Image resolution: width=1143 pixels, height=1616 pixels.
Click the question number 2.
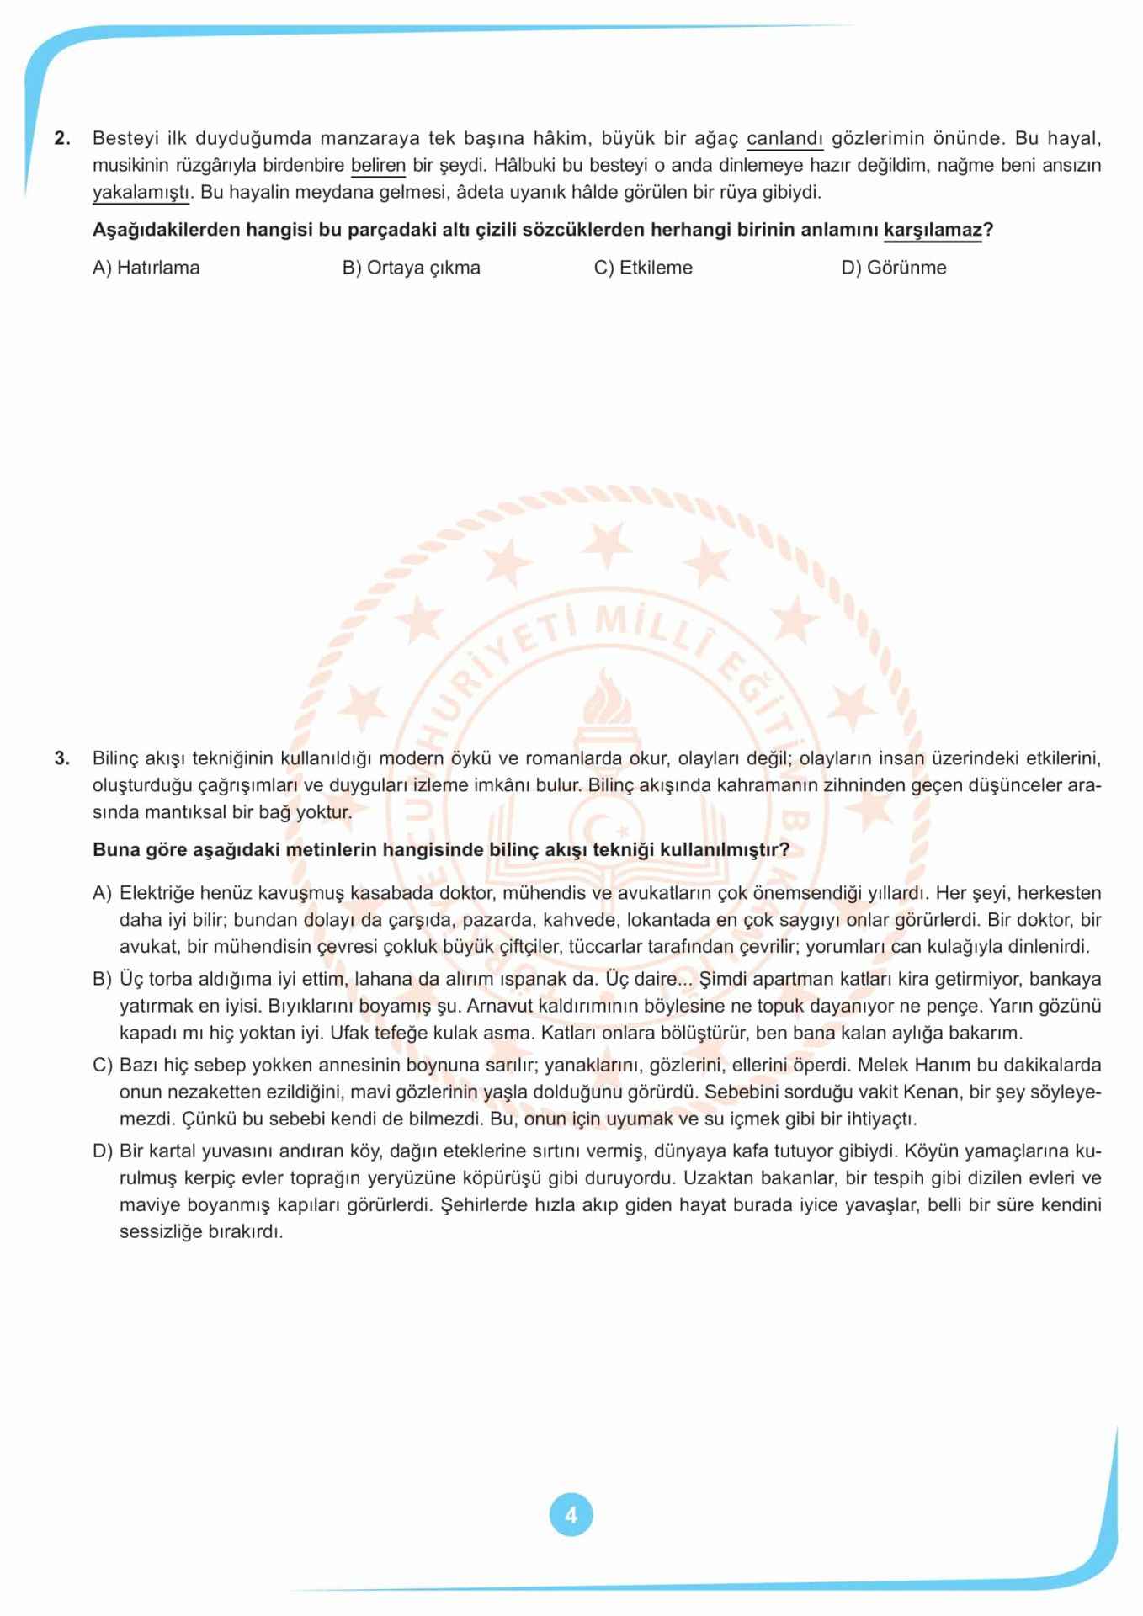click(61, 138)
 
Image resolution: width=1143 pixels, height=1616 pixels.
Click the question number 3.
click(61, 758)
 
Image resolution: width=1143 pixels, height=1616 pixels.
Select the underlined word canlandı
click(784, 138)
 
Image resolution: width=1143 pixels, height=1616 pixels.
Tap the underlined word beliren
click(378, 165)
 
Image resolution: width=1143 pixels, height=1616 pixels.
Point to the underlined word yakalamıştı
click(141, 192)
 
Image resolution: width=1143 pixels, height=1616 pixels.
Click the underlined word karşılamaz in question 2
click(932, 230)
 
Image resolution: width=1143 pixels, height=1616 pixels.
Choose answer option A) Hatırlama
click(146, 268)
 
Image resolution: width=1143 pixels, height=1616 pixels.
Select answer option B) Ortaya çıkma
click(411, 268)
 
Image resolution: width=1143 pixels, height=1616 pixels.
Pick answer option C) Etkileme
click(643, 268)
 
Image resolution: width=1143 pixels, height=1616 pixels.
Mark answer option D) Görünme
click(893, 268)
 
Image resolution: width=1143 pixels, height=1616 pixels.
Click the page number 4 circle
click(571, 1515)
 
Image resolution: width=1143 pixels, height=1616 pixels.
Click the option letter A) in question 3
click(102, 893)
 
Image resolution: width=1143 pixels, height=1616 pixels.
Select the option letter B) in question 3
click(102, 979)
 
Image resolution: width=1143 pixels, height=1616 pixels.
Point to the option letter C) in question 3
click(102, 1065)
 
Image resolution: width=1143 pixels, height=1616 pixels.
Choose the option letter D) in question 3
click(102, 1151)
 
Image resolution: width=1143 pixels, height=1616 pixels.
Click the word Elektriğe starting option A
click(156, 893)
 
